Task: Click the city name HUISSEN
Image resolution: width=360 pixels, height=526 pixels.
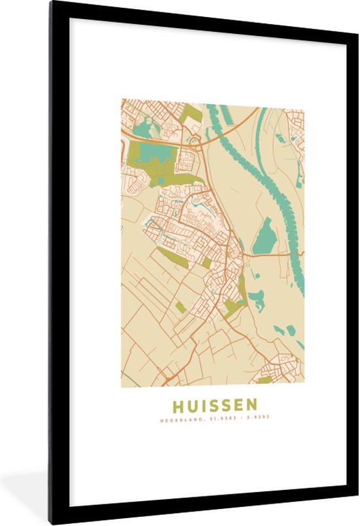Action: tap(215, 405)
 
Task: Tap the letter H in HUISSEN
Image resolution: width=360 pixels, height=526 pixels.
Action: tap(177, 405)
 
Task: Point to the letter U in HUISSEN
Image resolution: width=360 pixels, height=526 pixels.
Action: tap(192, 405)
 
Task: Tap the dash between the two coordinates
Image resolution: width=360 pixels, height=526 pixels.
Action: tap(238, 417)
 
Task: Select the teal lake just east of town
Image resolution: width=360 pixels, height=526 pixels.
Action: tap(264, 236)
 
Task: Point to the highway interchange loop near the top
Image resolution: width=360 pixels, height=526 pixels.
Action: tap(194, 139)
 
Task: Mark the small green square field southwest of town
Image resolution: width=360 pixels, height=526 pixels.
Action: tap(181, 306)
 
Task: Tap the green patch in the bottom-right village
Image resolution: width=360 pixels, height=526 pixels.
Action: tap(264, 379)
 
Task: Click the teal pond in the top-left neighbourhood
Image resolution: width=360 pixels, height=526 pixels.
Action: tap(142, 128)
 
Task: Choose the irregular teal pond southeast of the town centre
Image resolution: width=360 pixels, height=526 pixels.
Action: tap(257, 300)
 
